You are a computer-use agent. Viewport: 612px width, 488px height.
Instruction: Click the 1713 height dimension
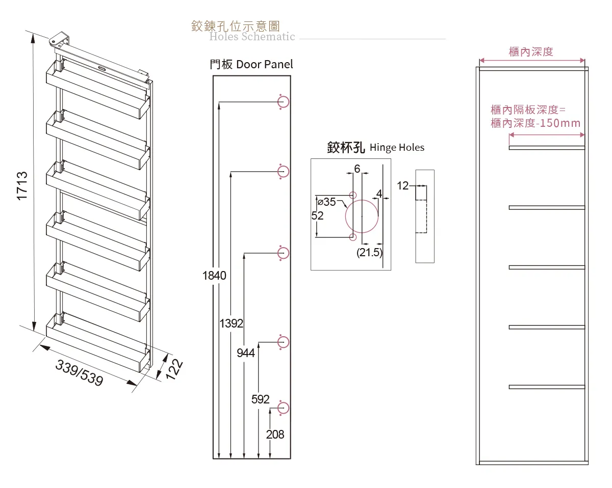point(22,186)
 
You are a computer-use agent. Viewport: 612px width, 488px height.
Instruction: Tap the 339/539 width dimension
point(80,373)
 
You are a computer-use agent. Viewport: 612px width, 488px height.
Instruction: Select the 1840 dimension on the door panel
point(214,276)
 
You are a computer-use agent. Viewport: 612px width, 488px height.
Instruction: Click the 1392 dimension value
point(232,323)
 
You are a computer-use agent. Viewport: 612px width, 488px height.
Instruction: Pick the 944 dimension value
point(246,353)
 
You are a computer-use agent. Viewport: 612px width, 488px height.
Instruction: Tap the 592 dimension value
point(261,399)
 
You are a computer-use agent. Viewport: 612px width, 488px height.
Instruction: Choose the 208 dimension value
point(275,435)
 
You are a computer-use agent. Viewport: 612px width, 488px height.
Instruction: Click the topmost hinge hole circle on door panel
point(284,102)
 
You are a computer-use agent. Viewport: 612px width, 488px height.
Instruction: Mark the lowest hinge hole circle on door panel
point(284,408)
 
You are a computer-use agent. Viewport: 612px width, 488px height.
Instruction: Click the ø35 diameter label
point(326,202)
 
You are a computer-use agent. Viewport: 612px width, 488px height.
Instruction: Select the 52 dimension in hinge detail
point(317,216)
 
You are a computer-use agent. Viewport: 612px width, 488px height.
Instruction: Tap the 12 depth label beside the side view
point(403,186)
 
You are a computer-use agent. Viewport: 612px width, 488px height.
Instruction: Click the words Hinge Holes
point(397,148)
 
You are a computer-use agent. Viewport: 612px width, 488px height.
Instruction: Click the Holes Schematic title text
point(252,37)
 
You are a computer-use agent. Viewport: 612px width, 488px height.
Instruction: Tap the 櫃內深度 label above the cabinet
point(531,51)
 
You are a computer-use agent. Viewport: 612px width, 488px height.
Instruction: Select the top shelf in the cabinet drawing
point(547,148)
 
